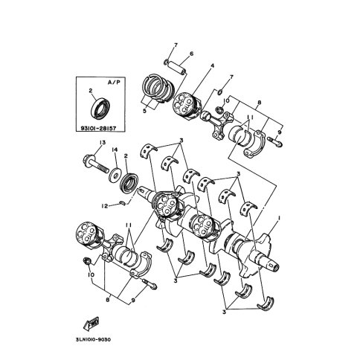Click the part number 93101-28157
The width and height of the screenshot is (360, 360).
(98, 128)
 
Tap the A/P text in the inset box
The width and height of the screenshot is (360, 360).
(114, 83)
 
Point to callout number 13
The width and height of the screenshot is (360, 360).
(103, 143)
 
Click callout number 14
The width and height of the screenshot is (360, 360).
(115, 150)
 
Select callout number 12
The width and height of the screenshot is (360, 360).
(105, 206)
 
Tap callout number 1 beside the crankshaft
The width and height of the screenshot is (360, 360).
(279, 217)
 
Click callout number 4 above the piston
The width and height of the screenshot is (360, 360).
(212, 66)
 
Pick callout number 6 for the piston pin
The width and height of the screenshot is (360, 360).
(191, 54)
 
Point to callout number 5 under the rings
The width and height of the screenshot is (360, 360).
(144, 111)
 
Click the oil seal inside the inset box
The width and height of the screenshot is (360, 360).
(100, 108)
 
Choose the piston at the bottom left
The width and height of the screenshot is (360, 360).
(89, 234)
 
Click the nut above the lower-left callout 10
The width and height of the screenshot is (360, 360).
(87, 261)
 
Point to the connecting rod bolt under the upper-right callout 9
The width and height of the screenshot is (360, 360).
(275, 141)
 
